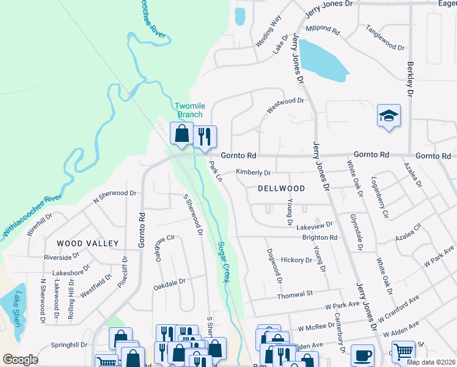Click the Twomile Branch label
(x=189, y=110)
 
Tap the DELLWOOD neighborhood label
(x=281, y=188)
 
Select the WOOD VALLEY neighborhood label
(x=87, y=243)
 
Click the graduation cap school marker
(x=388, y=116)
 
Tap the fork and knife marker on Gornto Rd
(x=205, y=136)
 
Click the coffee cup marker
(x=364, y=355)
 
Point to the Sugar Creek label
(x=224, y=262)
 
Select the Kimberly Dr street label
(x=253, y=173)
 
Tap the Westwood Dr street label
(x=285, y=105)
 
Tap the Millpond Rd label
(x=324, y=29)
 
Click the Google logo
(x=20, y=360)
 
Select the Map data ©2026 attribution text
(x=431, y=362)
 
